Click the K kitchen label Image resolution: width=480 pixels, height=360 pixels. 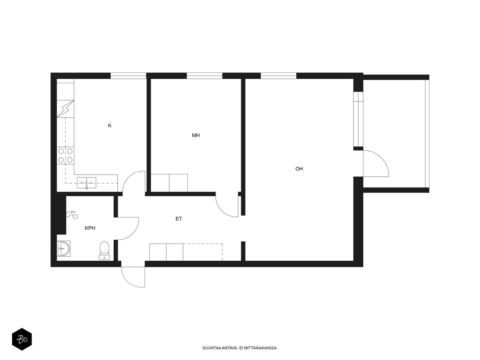(110, 125)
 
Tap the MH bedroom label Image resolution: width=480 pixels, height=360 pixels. (196, 135)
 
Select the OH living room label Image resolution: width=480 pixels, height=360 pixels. (299, 169)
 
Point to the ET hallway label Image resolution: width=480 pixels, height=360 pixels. (179, 219)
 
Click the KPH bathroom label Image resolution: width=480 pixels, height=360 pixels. (90, 228)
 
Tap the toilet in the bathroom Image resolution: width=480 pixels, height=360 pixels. (104, 250)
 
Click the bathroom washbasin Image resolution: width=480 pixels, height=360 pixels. (64, 248)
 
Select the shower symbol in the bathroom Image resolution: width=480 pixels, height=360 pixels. (72, 214)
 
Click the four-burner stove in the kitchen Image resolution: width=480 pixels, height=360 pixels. (65, 155)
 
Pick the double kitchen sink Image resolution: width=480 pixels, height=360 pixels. (86, 183)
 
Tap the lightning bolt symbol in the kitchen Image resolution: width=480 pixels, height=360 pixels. (65, 109)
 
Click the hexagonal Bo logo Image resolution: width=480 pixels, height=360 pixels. (22, 339)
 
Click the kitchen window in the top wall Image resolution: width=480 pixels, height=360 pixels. (128, 76)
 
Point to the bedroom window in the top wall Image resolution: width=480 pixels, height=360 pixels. (205, 76)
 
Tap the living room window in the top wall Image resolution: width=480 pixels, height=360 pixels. (279, 76)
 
